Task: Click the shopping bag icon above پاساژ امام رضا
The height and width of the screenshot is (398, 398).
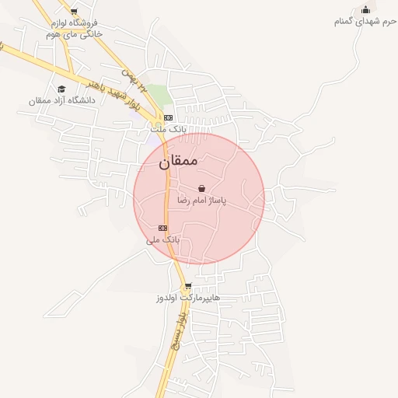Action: click(202, 188)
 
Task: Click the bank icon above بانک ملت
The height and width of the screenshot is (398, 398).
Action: click(167, 117)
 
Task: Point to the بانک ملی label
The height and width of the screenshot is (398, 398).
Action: click(162, 239)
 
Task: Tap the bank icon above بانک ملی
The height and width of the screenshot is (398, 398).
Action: click(162, 228)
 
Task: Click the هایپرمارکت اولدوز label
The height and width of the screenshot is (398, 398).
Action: click(187, 298)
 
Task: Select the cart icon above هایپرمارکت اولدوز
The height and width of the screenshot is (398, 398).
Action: click(187, 286)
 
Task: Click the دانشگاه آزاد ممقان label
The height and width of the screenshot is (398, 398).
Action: click(61, 100)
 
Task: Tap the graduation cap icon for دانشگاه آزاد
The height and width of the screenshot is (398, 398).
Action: click(61, 89)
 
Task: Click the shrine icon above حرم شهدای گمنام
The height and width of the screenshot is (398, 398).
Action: click(365, 9)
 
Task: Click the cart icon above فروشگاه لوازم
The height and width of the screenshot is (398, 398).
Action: click(74, 12)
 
